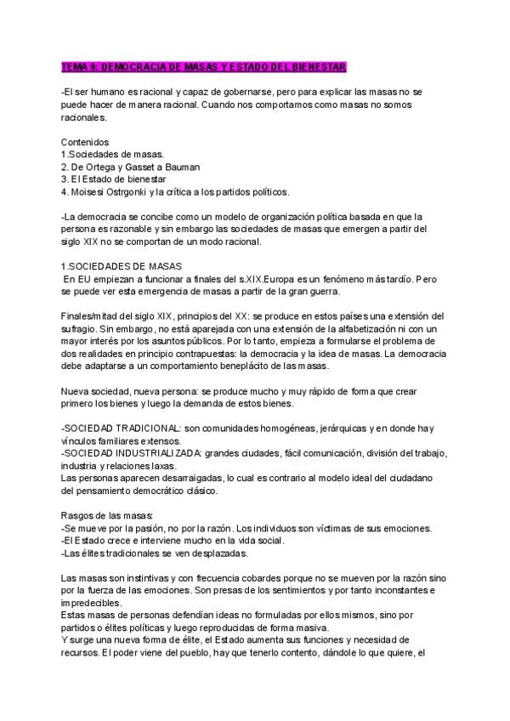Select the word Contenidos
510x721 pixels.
(x=86, y=141)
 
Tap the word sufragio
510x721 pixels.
(x=81, y=329)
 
